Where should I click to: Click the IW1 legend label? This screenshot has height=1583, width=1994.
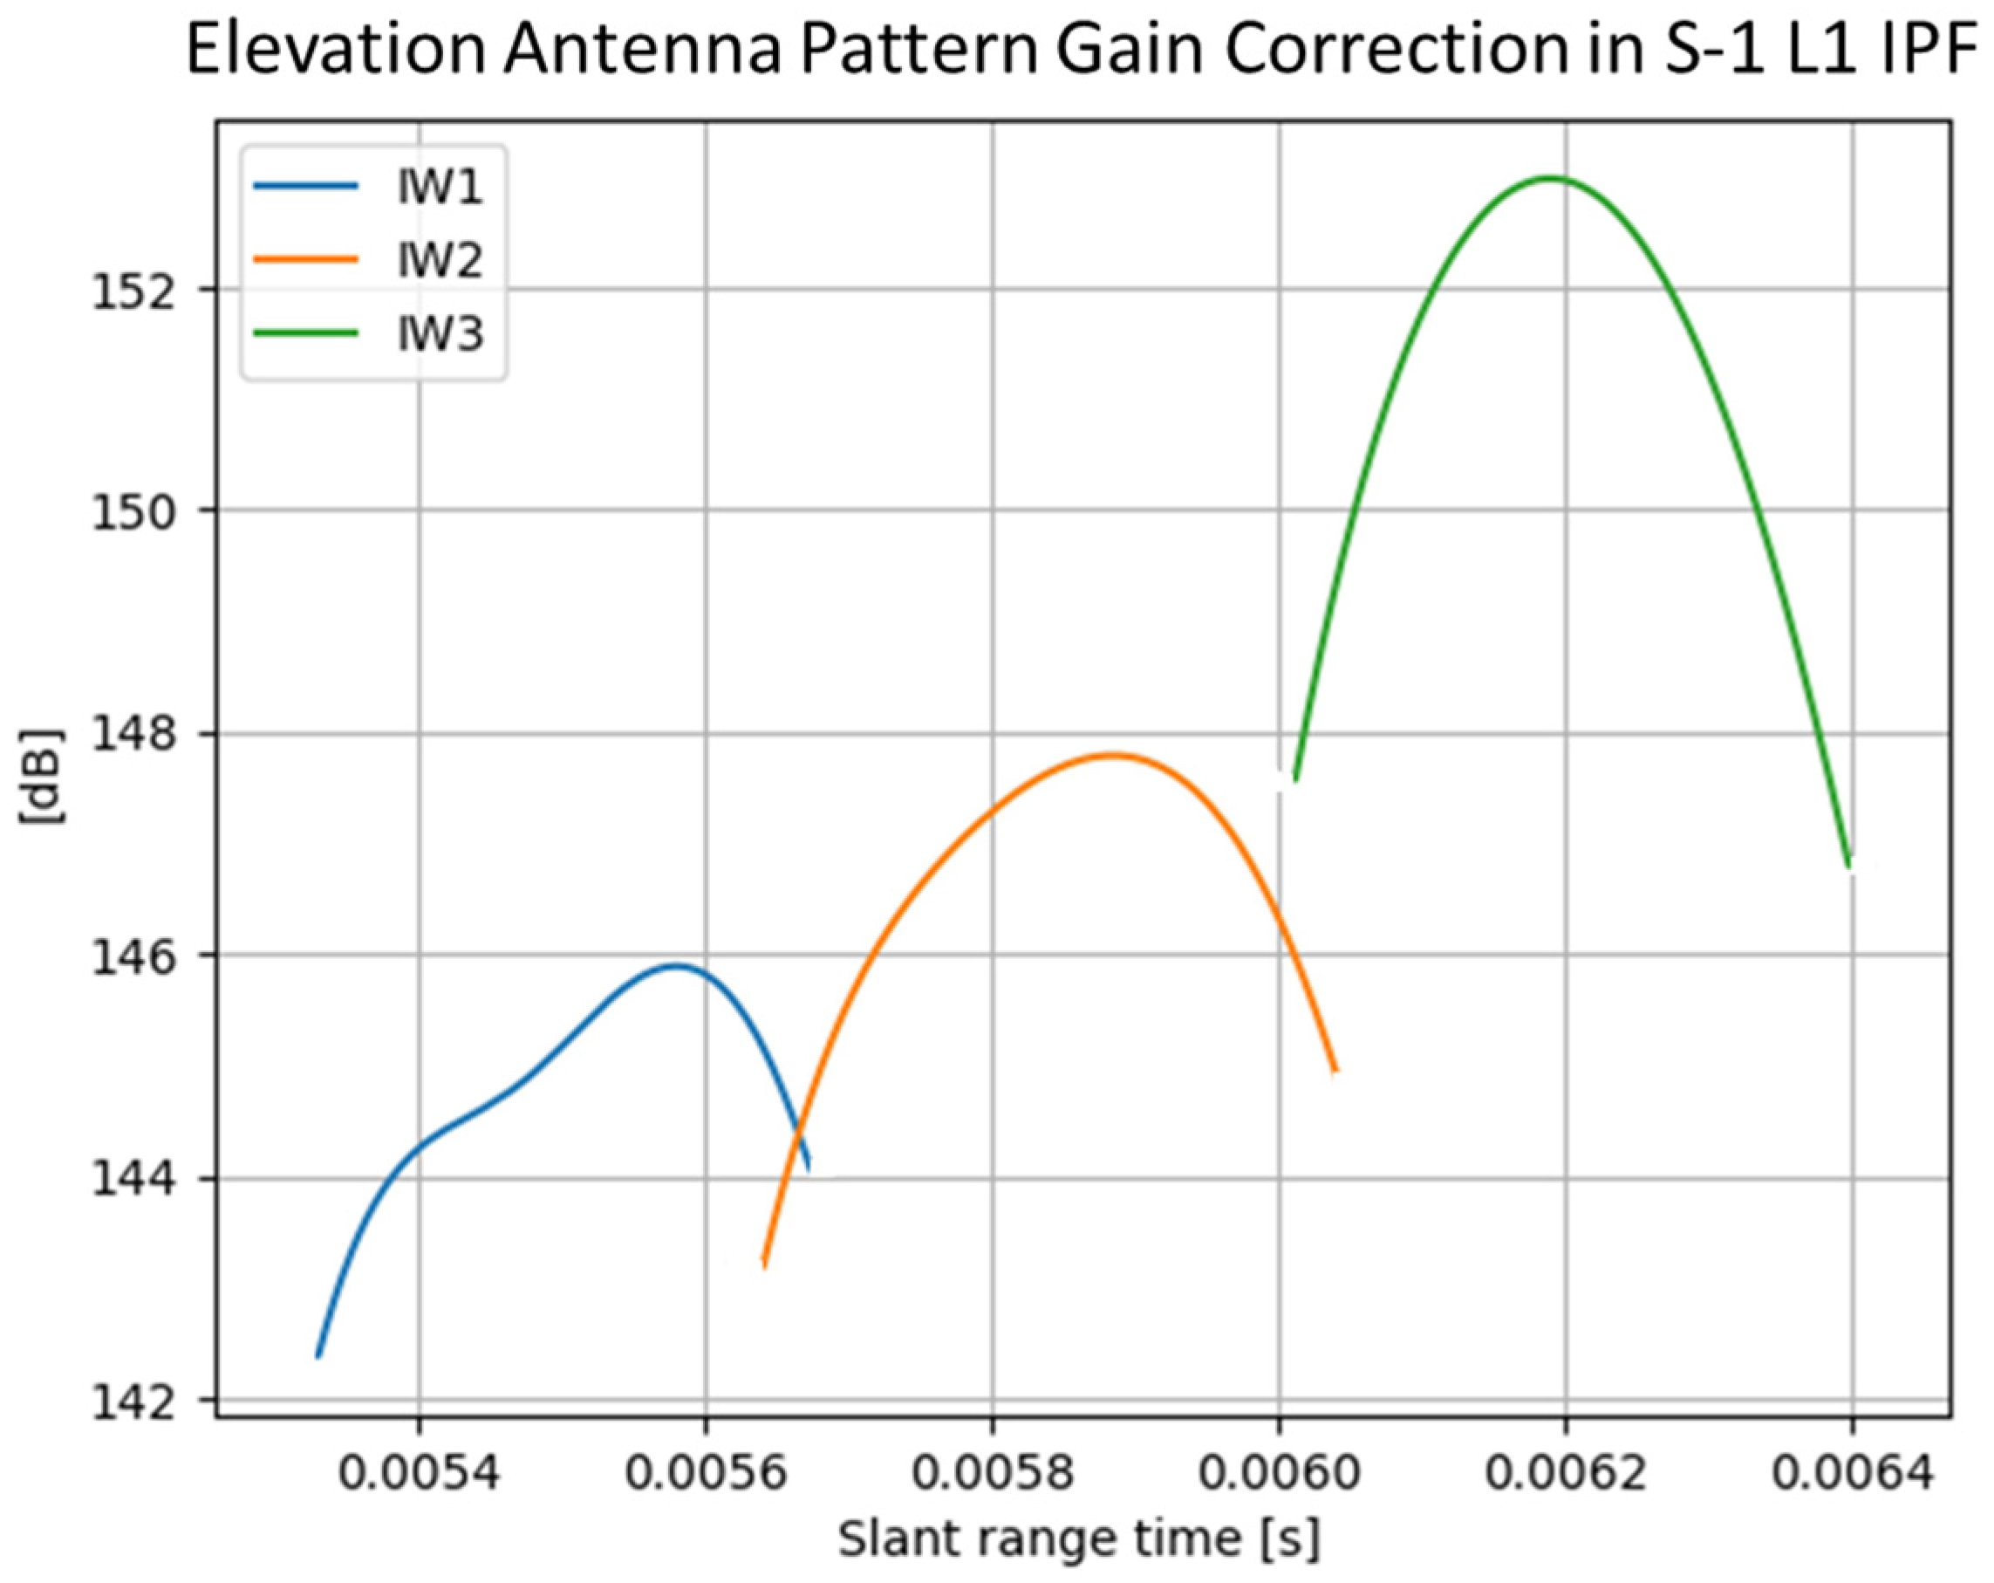pos(440,188)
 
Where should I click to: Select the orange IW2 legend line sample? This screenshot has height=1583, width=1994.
pos(305,260)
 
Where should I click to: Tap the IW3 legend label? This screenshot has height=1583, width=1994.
pos(440,333)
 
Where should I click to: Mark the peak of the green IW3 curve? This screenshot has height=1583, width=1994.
pos(1551,178)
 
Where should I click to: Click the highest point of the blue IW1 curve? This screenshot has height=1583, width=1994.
pos(676,966)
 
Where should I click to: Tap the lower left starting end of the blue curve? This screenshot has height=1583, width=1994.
pos(319,1355)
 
